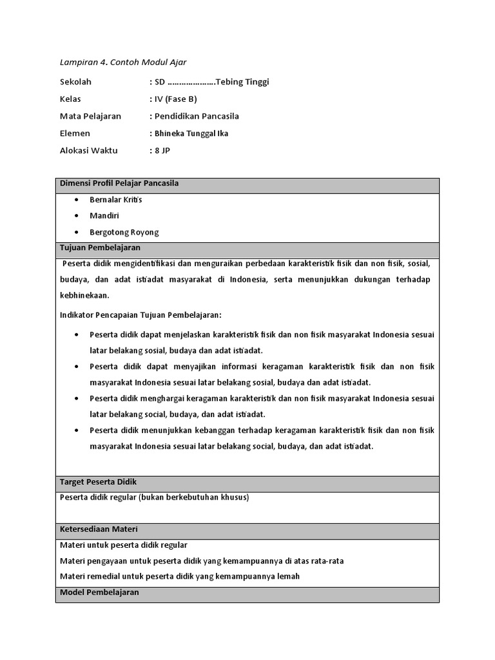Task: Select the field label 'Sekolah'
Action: tap(75, 82)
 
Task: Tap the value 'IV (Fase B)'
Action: tap(175, 99)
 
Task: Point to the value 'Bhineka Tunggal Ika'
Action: tap(191, 134)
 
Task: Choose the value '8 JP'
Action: tap(163, 151)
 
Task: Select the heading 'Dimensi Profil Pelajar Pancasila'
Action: tap(119, 184)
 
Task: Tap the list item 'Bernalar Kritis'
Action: tap(116, 200)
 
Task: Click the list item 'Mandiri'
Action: tap(104, 216)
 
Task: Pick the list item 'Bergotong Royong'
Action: tap(124, 232)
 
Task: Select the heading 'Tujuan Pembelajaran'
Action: tap(100, 247)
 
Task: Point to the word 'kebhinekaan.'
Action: tap(84, 296)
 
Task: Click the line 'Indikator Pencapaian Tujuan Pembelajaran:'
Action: tap(141, 315)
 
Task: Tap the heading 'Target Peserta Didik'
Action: tap(98, 481)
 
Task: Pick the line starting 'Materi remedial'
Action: tap(180, 576)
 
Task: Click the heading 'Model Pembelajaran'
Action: tap(99, 592)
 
